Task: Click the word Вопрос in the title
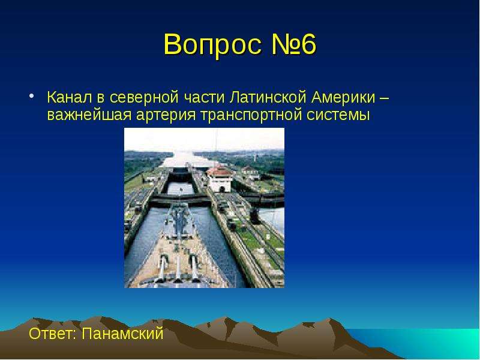(213, 44)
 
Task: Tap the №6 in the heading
(293, 44)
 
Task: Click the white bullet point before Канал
(31, 95)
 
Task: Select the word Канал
(70, 97)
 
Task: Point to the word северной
(144, 97)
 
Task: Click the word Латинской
(268, 97)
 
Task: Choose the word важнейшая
(89, 115)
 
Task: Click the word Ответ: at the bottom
(52, 333)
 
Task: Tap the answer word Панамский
(122, 333)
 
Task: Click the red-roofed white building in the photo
(220, 178)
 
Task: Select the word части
(204, 98)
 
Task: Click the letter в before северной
(101, 98)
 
